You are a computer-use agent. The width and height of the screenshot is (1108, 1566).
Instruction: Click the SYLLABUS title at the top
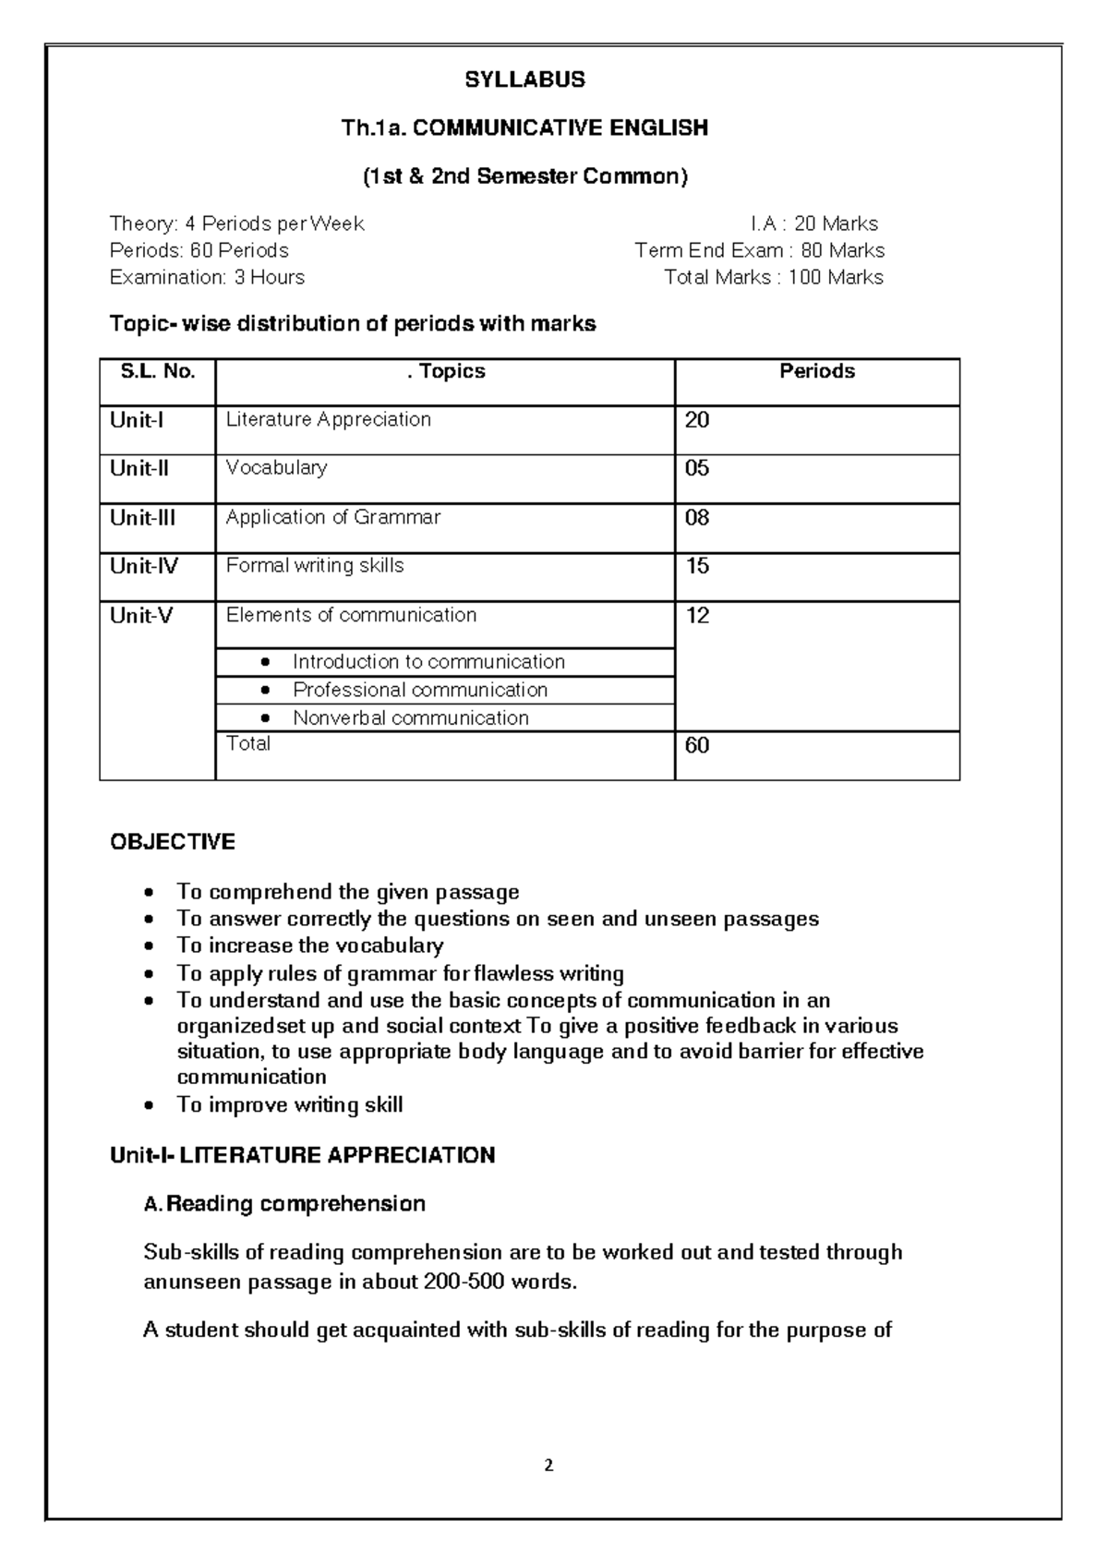coord(524,80)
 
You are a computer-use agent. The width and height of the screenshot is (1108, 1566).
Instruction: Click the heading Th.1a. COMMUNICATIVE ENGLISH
coord(524,128)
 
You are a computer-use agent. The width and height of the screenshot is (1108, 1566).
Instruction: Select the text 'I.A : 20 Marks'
coord(813,223)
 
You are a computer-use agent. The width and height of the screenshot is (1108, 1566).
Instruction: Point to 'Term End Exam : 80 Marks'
coord(759,250)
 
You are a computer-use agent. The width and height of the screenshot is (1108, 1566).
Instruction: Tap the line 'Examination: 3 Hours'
coord(207,277)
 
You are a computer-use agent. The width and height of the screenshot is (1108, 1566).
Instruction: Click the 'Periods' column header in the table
coord(817,371)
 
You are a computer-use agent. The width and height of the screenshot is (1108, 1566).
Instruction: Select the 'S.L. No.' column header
coord(158,371)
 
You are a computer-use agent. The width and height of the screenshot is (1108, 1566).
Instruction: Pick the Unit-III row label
coord(142,518)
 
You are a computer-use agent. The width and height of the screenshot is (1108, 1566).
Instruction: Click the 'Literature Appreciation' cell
coord(328,419)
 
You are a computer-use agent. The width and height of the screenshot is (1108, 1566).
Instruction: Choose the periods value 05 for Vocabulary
coord(697,468)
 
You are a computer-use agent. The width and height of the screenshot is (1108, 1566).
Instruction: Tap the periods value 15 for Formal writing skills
coord(697,566)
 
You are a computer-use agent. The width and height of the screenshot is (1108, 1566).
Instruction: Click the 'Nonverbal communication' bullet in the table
coord(410,718)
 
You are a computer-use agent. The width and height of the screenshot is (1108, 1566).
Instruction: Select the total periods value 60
coord(697,745)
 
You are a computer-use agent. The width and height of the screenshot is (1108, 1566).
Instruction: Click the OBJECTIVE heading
coord(173,842)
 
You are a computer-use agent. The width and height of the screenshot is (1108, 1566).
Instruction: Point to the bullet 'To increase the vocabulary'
coord(309,946)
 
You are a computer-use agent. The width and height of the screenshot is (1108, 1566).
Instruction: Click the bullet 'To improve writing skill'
coord(289,1105)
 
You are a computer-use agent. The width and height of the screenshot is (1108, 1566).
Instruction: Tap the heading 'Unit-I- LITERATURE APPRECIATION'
coord(302,1156)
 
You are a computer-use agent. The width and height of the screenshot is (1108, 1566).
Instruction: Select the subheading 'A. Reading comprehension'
coord(284,1204)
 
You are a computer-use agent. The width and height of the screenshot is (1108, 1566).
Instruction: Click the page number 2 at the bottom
coord(549,1465)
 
